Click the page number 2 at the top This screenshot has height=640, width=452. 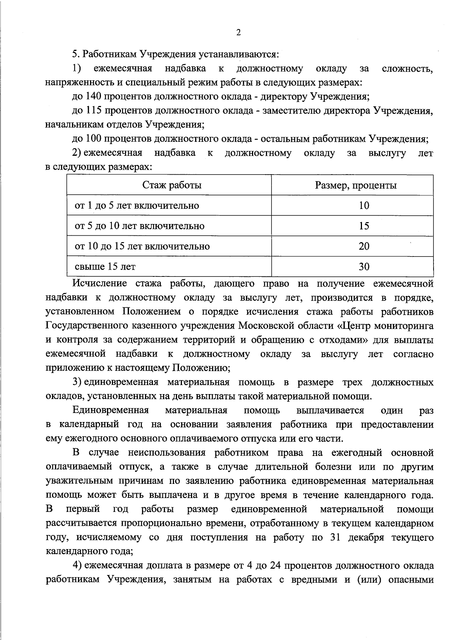coord(238,33)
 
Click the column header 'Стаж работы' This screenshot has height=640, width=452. coord(172,185)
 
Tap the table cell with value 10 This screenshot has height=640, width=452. coord(364,206)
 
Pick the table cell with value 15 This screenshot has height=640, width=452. coord(364,226)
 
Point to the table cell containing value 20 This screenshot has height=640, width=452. coord(364,246)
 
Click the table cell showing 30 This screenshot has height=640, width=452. coord(364,267)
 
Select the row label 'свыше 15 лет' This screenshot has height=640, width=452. coord(105,267)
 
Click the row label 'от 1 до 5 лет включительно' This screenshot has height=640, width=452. coord(137,206)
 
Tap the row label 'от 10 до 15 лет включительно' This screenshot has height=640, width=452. coord(142,246)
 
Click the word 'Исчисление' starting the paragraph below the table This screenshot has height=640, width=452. coord(99,283)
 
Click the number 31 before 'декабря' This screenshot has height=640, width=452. coord(335,537)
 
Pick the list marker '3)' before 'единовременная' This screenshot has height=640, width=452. coord(77,382)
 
